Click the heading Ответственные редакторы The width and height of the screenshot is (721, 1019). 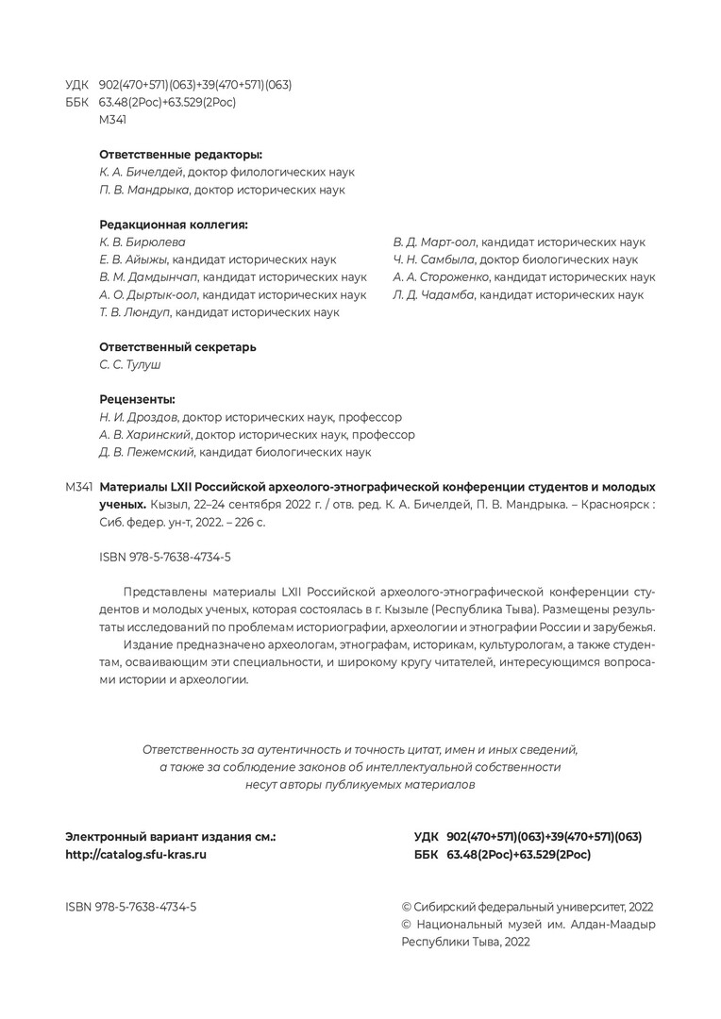pyautogui.click(x=180, y=154)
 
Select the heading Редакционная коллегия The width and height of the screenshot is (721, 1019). pyautogui.click(x=174, y=225)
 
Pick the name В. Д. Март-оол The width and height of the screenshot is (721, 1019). pyautogui.click(x=434, y=242)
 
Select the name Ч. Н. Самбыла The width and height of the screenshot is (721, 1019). pyautogui.click(x=433, y=259)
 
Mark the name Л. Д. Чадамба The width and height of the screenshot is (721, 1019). pyautogui.click(x=433, y=295)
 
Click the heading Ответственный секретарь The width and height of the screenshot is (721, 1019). pyautogui.click(x=177, y=347)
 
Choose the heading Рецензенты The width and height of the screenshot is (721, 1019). pyautogui.click(x=138, y=399)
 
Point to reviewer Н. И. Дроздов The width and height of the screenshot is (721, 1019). pyautogui.click(x=139, y=417)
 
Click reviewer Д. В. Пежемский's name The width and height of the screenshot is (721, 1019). pyautogui.click(x=147, y=452)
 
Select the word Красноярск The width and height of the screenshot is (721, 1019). pyautogui.click(x=614, y=504)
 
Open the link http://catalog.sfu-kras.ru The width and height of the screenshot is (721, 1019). pyautogui.click(x=136, y=854)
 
